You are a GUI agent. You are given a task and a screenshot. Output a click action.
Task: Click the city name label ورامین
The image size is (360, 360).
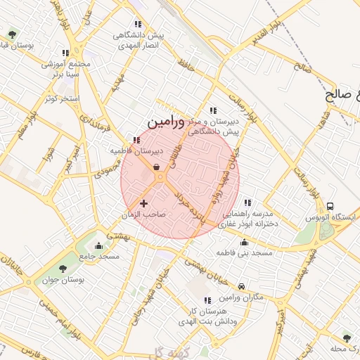tap(166, 122)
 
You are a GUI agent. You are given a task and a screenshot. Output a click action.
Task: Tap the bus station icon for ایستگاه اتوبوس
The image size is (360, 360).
tap(330, 206)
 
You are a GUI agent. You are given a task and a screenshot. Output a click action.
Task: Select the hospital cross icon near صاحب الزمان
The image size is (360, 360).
tap(144, 203)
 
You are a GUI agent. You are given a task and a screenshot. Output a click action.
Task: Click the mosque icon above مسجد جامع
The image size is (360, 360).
tap(98, 246)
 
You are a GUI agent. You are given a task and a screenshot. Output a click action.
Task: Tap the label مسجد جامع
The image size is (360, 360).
tap(98, 257)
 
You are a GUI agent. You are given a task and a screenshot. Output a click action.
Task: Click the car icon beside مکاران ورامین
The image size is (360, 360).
tap(242, 286)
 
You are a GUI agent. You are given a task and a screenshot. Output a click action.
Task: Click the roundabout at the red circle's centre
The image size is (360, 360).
tap(161, 178)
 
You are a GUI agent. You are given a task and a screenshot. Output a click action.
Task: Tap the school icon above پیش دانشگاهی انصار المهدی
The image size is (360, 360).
tap(138, 25)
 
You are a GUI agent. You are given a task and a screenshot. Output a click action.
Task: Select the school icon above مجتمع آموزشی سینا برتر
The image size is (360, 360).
tap(65, 53)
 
